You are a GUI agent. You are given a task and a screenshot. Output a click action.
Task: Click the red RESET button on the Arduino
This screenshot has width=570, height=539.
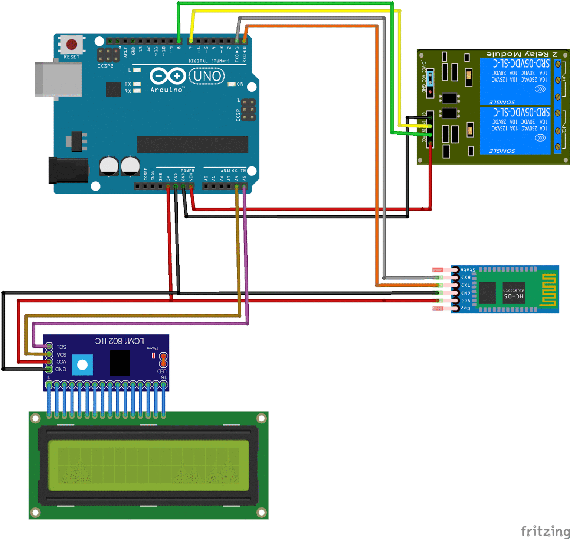pyautogui.click(x=71, y=45)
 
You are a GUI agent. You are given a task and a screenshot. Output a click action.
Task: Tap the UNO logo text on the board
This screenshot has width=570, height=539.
pyautogui.click(x=207, y=77)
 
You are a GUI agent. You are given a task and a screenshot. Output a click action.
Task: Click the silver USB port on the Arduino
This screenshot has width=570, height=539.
pyautogui.click(x=58, y=79)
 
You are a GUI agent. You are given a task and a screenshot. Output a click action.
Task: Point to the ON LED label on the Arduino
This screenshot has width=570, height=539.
pyautogui.click(x=240, y=84)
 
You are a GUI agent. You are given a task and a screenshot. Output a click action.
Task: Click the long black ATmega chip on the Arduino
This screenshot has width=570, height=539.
pyautogui.click(x=192, y=145)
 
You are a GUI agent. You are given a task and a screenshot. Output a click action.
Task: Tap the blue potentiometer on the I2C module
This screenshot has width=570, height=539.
pyautogui.click(x=82, y=365)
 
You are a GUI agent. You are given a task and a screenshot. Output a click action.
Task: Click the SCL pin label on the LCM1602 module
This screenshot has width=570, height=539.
pyautogui.click(x=62, y=347)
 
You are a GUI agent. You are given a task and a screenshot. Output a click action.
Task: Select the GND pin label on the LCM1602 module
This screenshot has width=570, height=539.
pyautogui.click(x=61, y=370)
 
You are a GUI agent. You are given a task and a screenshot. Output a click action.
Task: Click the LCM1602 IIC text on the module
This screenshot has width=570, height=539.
pyautogui.click(x=119, y=341)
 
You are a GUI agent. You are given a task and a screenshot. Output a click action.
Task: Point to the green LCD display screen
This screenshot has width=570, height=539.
pyautogui.click(x=148, y=465)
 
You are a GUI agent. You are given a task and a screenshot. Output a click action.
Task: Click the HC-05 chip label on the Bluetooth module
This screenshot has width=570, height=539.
pyautogui.click(x=514, y=296)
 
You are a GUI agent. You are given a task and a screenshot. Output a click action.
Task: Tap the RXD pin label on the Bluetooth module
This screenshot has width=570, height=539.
pyautogui.click(x=466, y=277)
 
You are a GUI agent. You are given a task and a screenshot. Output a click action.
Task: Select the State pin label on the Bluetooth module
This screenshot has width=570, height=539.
pyautogui.click(x=468, y=270)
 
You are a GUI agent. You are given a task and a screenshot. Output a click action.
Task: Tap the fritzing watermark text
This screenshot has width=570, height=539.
pyautogui.click(x=545, y=531)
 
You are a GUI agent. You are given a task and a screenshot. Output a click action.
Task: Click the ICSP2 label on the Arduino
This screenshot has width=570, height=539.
pyautogui.click(x=105, y=66)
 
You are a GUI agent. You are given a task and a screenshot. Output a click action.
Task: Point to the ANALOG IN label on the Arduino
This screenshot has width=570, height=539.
pyautogui.click(x=233, y=171)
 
